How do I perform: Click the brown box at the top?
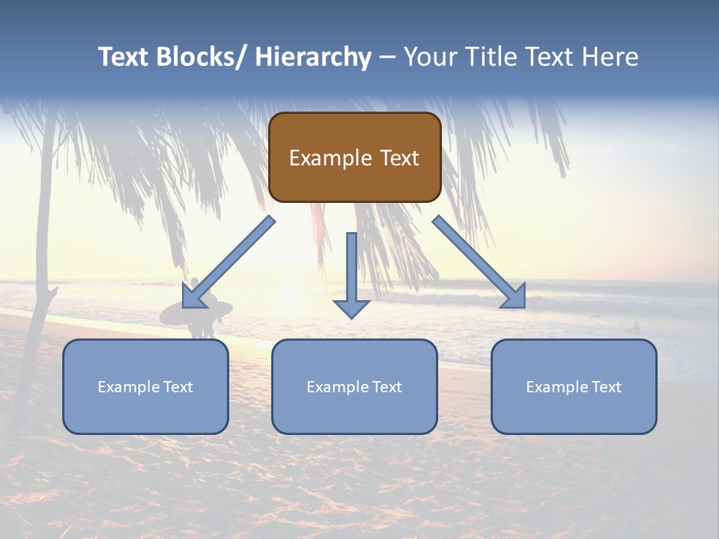click(354, 157)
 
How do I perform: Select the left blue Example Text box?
click(145, 386)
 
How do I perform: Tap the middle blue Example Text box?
click(354, 386)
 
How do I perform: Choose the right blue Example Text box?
click(574, 386)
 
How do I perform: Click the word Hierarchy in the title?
click(313, 57)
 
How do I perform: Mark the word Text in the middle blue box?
click(386, 386)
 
